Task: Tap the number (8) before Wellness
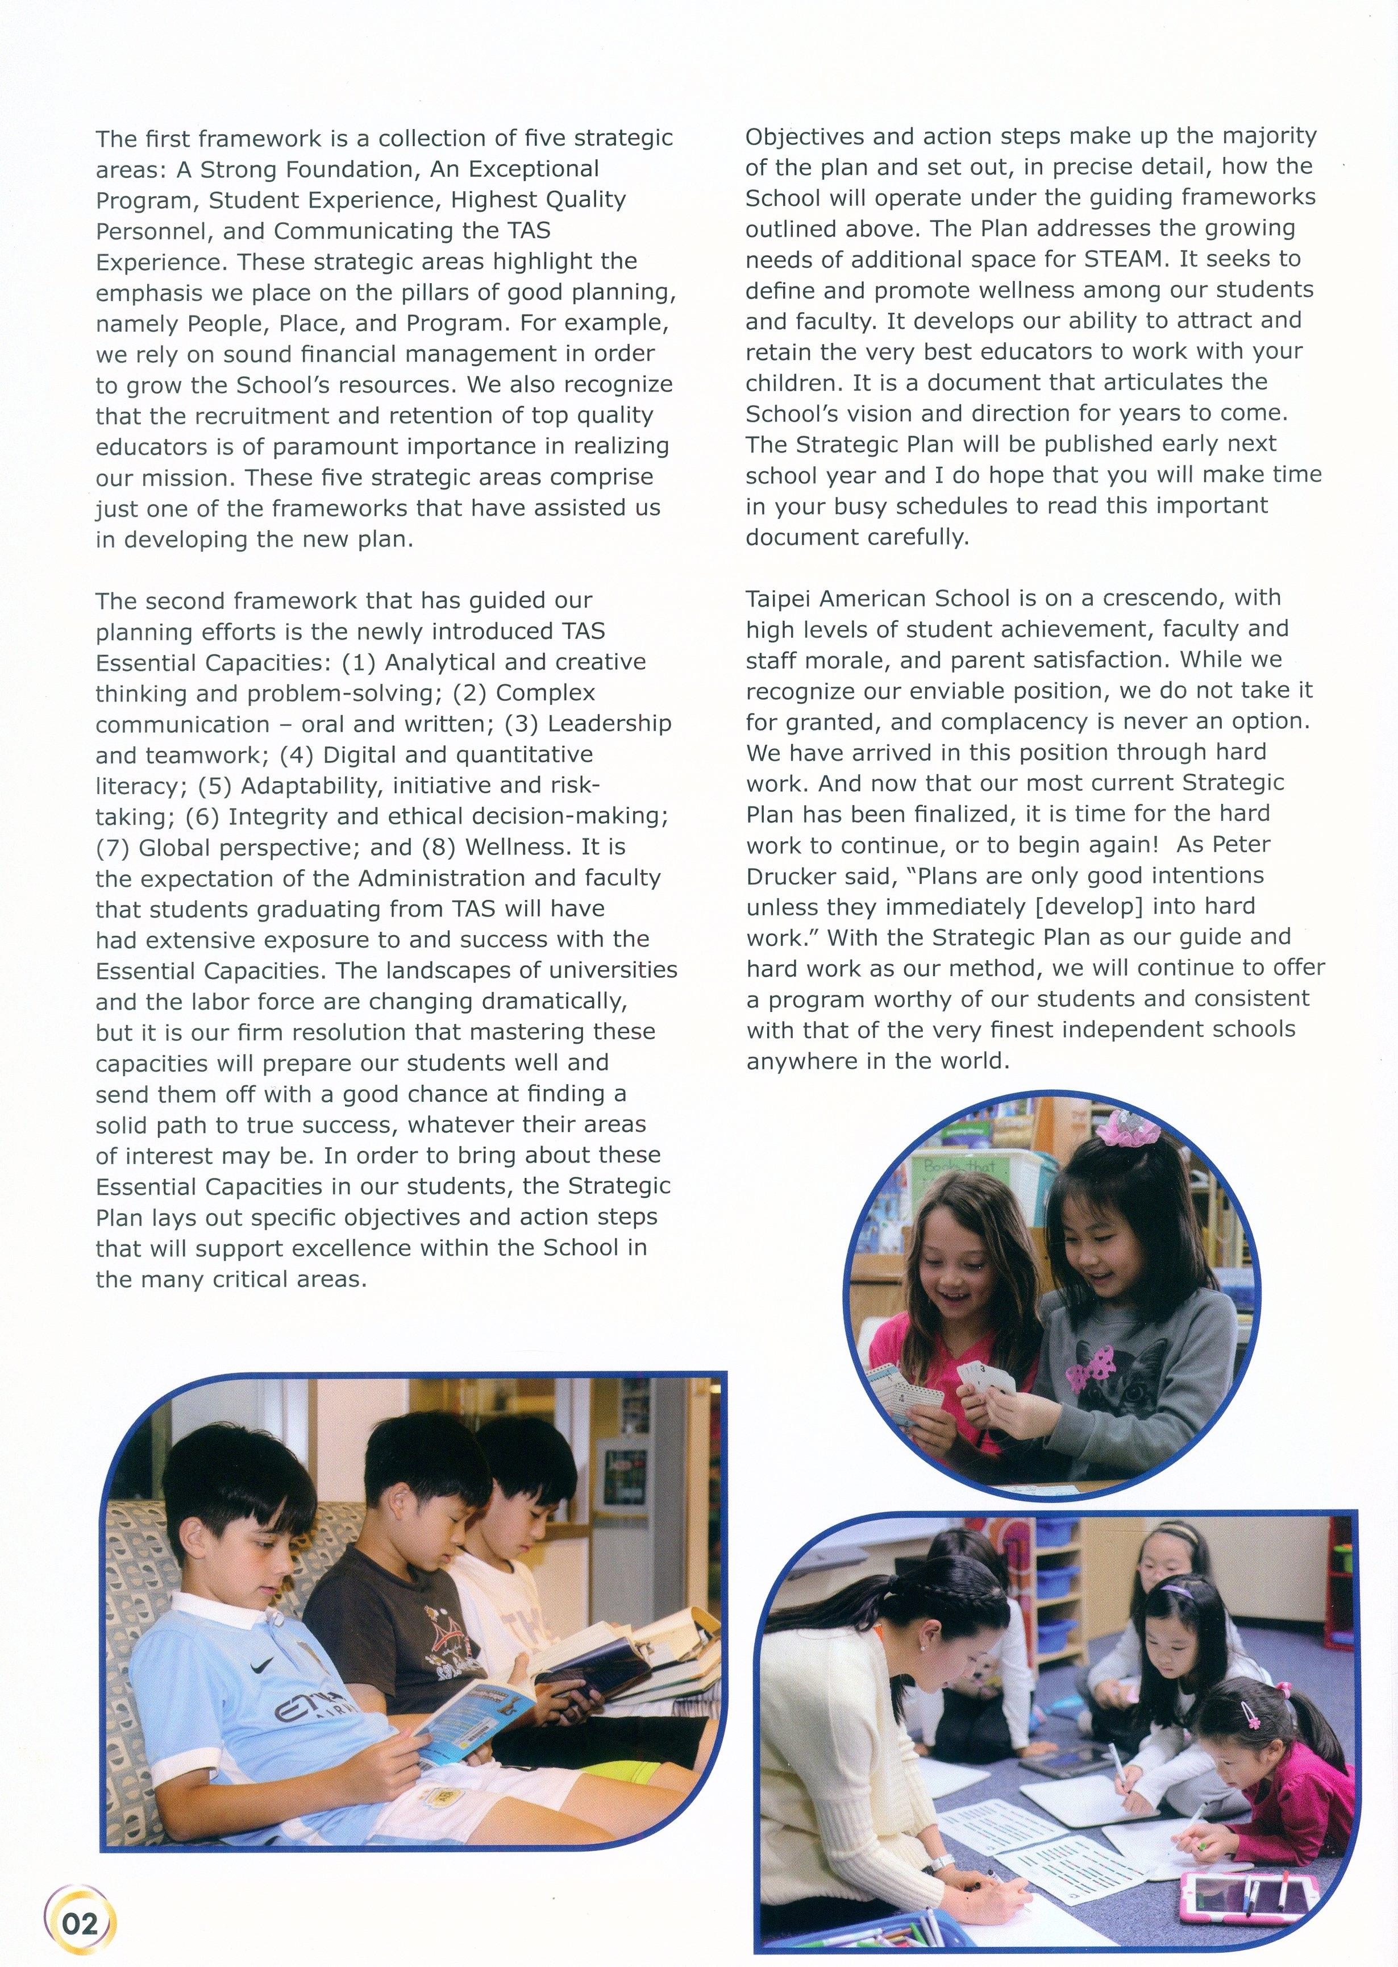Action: (x=439, y=848)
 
